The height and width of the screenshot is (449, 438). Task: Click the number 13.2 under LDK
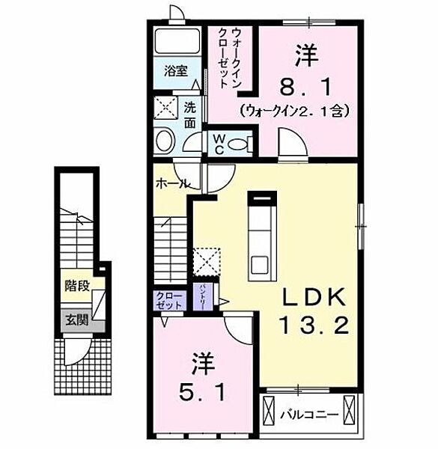(314, 327)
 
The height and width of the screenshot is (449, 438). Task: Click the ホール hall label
(171, 183)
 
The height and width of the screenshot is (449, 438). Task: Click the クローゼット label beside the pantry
(169, 301)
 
